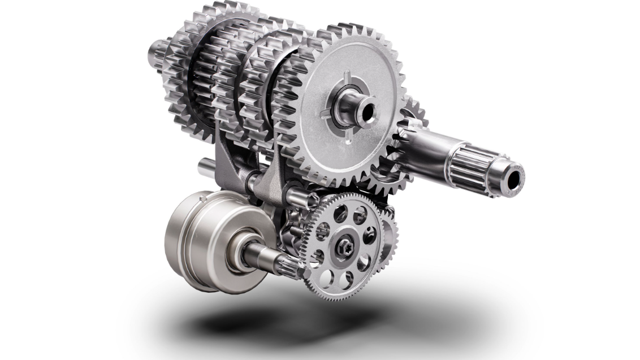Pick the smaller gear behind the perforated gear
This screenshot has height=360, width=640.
pyautogui.click(x=390, y=237)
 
